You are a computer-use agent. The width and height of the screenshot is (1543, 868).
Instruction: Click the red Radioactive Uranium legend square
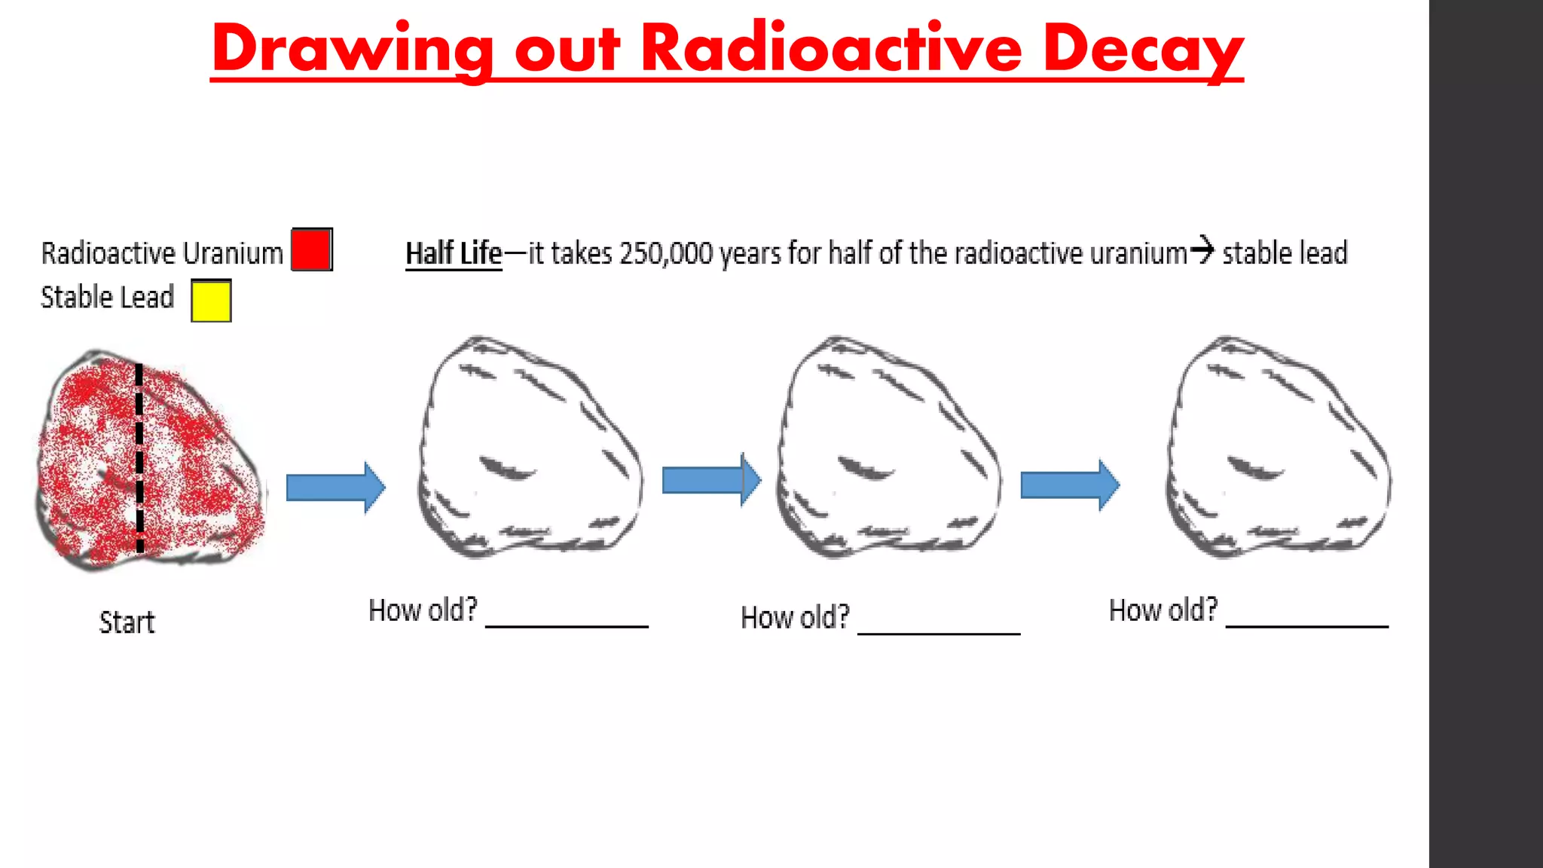[311, 249]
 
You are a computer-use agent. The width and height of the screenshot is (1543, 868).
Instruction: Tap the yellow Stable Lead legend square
[211, 301]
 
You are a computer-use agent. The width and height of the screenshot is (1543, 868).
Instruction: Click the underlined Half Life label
[454, 254]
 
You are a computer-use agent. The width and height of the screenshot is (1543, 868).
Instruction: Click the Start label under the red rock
[127, 622]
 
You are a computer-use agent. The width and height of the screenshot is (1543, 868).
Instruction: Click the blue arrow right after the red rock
[336, 487]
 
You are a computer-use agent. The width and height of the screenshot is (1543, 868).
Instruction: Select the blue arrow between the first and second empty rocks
[711, 480]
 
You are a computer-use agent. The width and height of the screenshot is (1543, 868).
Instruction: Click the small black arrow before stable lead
[1203, 249]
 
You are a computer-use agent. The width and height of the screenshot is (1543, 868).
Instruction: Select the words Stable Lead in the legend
[107, 298]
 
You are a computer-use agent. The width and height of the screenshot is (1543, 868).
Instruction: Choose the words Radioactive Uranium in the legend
[162, 254]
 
